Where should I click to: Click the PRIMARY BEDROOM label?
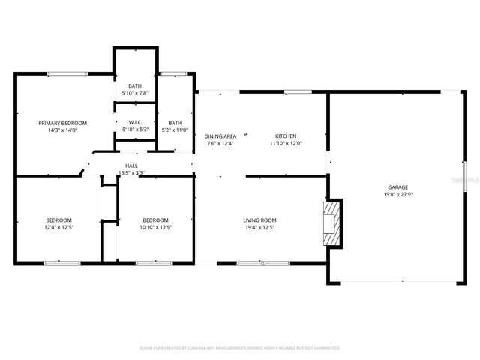(63, 123)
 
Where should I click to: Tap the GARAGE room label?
(397, 187)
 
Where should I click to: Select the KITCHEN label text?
(285, 136)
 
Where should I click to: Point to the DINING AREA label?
(220, 136)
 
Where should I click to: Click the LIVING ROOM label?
(259, 220)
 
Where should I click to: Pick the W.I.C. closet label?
(135, 123)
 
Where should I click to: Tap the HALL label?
(131, 166)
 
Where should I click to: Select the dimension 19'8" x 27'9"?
(397, 194)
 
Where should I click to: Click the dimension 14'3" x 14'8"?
(63, 130)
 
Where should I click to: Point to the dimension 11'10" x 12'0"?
(285, 143)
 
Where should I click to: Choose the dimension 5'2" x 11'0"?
(175, 130)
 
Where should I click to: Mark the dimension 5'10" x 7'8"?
(135, 93)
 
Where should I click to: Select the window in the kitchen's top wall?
(298, 91)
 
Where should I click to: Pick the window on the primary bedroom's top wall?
(67, 73)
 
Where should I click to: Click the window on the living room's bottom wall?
(253, 262)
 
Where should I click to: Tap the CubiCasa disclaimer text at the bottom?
(240, 348)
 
